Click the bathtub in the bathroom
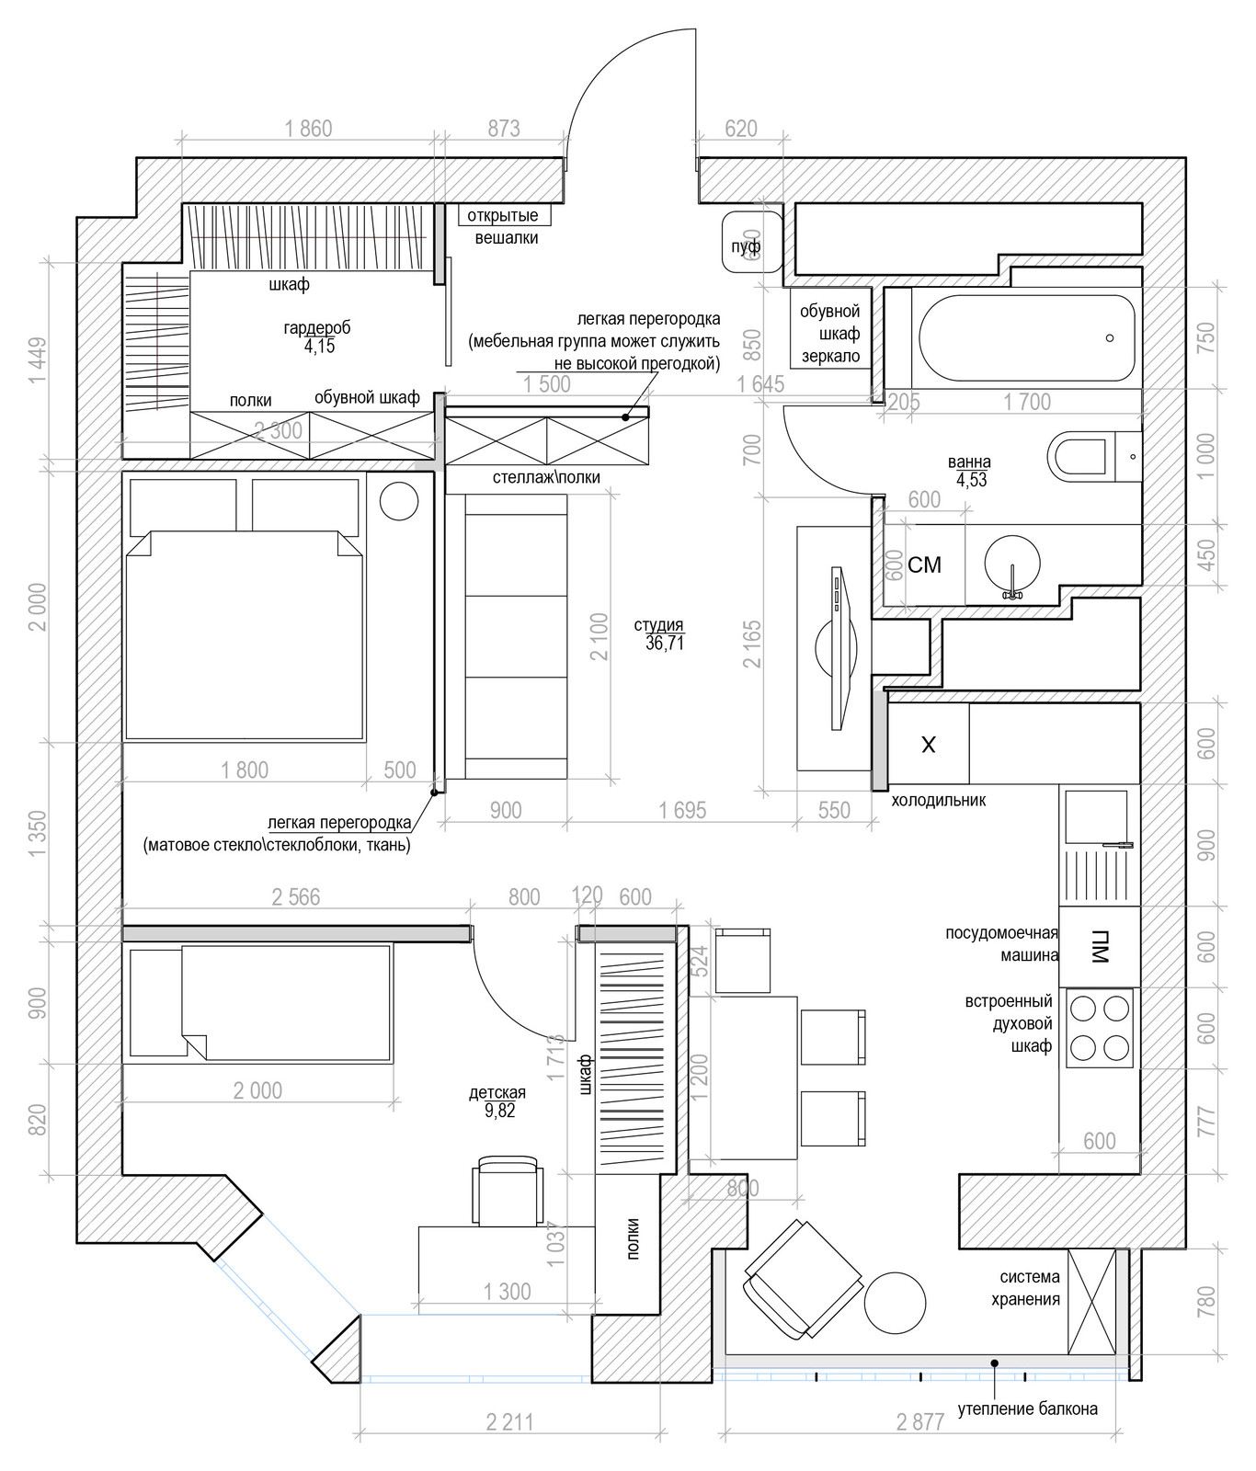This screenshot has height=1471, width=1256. pyautogui.click(x=1026, y=337)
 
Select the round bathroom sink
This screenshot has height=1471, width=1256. pyautogui.click(x=1011, y=564)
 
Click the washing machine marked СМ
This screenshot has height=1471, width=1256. pyautogui.click(x=924, y=564)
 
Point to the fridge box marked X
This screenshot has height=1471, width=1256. pyautogui.click(x=929, y=744)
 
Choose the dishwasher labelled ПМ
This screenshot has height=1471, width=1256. pyautogui.click(x=1100, y=947)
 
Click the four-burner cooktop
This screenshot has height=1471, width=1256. pyautogui.click(x=1100, y=1028)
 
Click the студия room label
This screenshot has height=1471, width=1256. pyautogui.click(x=659, y=634)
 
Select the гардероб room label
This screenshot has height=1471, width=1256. pyautogui.click(x=316, y=336)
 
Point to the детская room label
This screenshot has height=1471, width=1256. pyautogui.click(x=497, y=1100)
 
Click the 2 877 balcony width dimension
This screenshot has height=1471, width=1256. pyautogui.click(x=920, y=1422)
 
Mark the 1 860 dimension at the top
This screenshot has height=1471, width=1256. pyautogui.click(x=308, y=129)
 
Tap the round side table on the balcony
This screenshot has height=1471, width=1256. pyautogui.click(x=895, y=1304)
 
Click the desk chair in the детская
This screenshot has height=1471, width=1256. pyautogui.click(x=508, y=1192)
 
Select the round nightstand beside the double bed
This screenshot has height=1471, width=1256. pyautogui.click(x=399, y=501)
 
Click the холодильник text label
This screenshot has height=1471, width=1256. pyautogui.click(x=938, y=801)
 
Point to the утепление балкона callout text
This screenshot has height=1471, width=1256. pyautogui.click(x=1027, y=1408)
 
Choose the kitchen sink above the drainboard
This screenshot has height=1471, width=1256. pyautogui.click(x=1096, y=816)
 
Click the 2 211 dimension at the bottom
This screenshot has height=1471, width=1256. pyautogui.click(x=509, y=1422)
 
